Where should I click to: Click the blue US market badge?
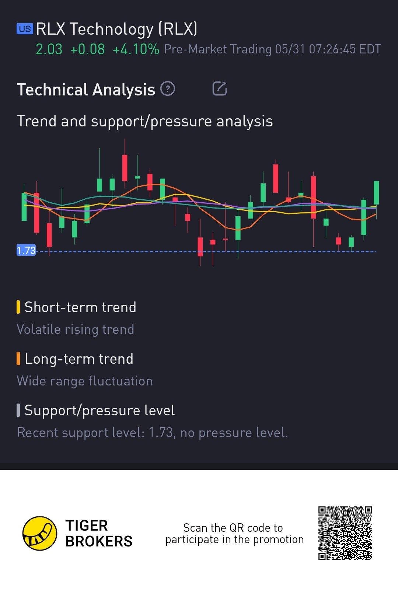[25, 29]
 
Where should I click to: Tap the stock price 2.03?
[49, 49]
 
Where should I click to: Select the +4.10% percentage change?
[136, 49]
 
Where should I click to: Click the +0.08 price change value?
[87, 49]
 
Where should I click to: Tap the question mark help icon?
[168, 88]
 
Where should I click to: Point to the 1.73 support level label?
[26, 250]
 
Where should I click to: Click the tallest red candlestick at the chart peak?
[125, 168]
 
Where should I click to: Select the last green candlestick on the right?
[376, 192]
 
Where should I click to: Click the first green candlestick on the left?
[24, 206]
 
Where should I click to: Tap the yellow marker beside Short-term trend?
[18, 307]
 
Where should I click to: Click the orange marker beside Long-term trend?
[18, 359]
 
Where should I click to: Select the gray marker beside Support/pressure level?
[18, 410]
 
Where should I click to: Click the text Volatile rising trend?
[76, 329]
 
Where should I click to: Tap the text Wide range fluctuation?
[85, 381]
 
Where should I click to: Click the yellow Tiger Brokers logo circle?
[40, 533]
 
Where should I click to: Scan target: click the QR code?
[345, 533]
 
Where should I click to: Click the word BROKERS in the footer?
[99, 541]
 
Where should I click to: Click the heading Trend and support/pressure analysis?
[145, 121]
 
